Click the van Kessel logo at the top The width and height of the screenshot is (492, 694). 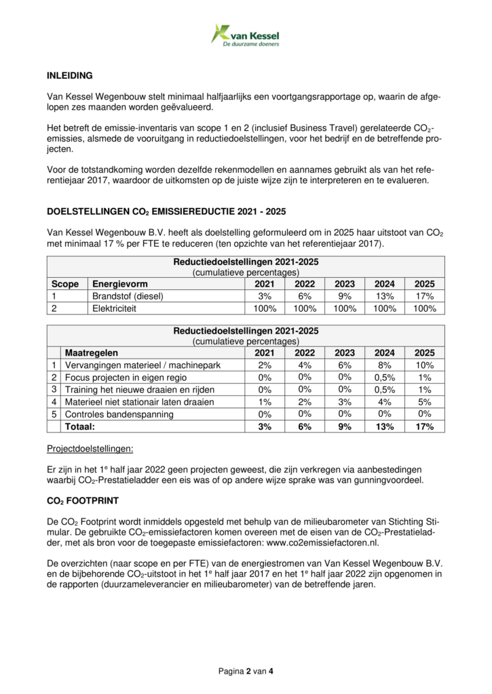(x=245, y=35)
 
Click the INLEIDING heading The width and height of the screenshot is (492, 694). (x=69, y=75)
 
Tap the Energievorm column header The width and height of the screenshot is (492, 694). (x=120, y=285)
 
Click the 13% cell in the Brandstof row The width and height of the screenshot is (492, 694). (x=384, y=296)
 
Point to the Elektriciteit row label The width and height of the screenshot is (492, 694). (x=117, y=308)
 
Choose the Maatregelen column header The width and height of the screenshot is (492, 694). (x=91, y=353)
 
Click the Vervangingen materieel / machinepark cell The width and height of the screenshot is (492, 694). (x=142, y=365)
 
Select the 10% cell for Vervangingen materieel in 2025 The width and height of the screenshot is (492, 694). (x=424, y=365)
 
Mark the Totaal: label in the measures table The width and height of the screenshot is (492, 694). (x=79, y=426)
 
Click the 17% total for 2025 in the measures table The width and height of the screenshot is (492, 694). (x=424, y=426)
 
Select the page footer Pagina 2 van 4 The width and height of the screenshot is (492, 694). (x=246, y=672)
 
